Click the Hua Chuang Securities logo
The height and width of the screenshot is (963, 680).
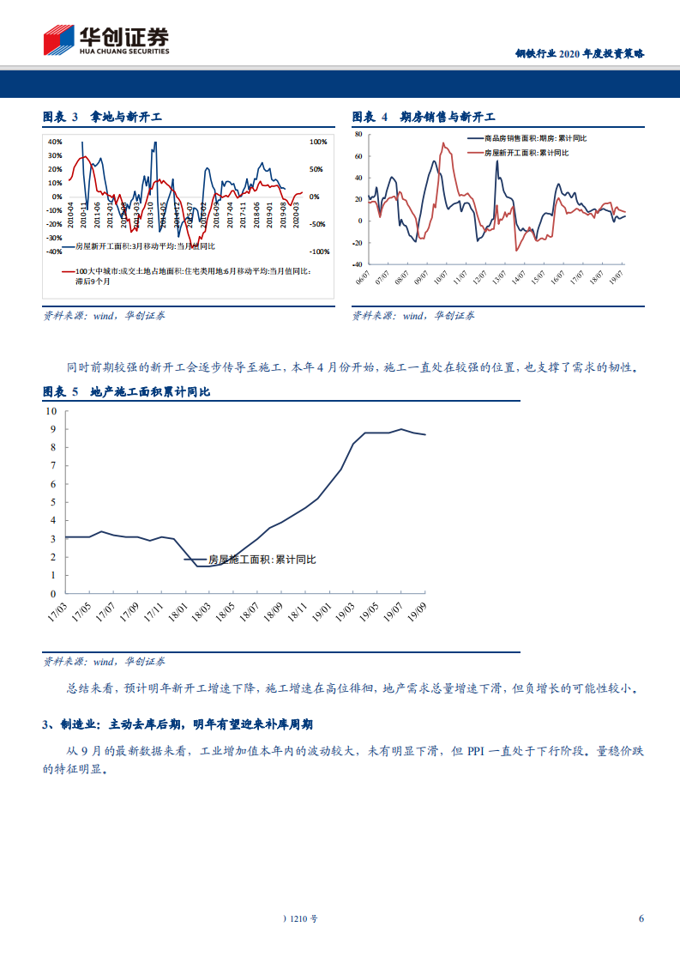pos(106,39)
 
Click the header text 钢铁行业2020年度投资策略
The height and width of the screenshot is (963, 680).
pos(579,53)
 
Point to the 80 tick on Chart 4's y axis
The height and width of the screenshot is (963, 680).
pos(361,135)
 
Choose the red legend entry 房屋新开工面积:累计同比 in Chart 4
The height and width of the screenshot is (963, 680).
pos(527,152)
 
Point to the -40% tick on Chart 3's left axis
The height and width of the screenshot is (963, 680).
pos(53,251)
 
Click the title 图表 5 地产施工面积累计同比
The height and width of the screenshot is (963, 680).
pos(126,391)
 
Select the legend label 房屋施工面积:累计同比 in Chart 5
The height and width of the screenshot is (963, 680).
pos(262,559)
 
